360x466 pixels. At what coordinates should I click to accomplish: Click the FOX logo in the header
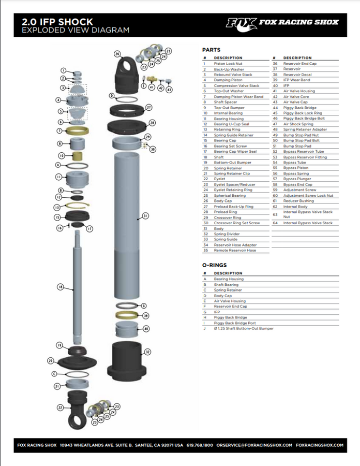tap(241, 22)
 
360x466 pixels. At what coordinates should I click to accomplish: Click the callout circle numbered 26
tap(117, 54)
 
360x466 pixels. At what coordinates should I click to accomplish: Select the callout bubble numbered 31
tap(145, 216)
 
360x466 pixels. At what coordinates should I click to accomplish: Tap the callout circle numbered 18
tap(60, 286)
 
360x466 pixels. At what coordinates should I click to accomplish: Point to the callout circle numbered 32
tap(147, 352)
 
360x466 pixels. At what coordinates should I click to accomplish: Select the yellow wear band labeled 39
tap(127, 315)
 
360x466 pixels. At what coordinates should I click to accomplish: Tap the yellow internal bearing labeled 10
tap(79, 155)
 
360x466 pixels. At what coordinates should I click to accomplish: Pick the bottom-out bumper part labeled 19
tap(77, 346)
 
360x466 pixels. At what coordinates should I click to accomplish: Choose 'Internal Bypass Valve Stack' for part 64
tap(308, 223)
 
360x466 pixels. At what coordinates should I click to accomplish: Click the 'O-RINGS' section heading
tap(215, 265)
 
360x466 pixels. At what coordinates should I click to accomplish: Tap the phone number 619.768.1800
tap(199, 445)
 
